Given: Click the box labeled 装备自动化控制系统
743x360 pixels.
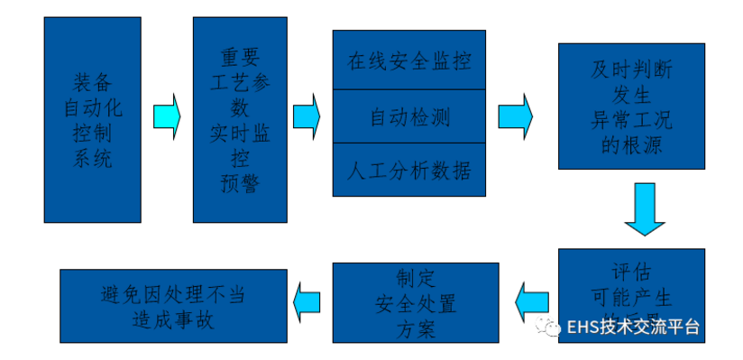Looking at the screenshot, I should tap(91, 120).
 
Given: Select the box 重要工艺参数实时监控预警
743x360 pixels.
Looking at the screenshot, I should tap(239, 120).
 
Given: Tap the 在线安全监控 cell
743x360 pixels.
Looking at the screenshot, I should tap(408, 60).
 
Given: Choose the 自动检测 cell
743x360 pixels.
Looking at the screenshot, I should tap(408, 116).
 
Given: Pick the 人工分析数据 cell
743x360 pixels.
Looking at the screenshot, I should tap(408, 170).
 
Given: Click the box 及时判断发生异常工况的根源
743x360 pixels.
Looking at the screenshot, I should tap(631, 106).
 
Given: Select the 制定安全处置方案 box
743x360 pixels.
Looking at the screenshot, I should tap(416, 303).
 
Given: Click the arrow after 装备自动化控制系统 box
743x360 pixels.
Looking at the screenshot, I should tap(166, 116).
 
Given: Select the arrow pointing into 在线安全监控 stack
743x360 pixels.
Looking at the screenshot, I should tap(307, 116).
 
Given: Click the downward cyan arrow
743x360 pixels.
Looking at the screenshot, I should tap(645, 208).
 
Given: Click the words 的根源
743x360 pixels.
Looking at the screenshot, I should tap(631, 144).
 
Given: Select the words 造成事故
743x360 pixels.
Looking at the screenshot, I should tap(172, 320).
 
